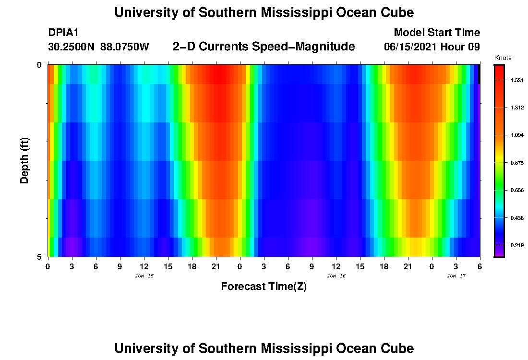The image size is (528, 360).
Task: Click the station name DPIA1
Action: point(63,33)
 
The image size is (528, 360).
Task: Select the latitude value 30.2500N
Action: point(72,47)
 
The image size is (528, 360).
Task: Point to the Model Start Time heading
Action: point(437,33)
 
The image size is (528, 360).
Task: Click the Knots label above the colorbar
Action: point(503,58)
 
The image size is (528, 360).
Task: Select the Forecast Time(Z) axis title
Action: point(264,287)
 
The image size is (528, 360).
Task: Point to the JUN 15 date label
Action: point(144,276)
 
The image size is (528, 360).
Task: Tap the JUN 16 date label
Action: point(336,276)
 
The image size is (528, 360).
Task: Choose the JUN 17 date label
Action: point(456,276)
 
